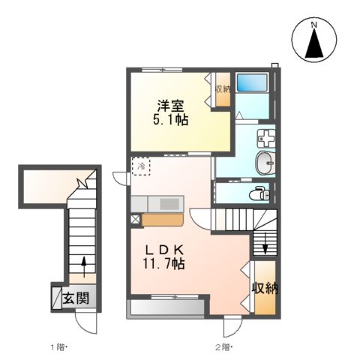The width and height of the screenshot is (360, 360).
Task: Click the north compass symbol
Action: [316, 43]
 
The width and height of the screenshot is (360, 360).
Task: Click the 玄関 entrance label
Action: [76, 298]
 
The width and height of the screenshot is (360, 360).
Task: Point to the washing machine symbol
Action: [267, 138]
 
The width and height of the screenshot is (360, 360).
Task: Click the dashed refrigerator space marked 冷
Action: [141, 167]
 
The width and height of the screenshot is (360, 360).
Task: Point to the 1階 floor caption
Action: [59, 347]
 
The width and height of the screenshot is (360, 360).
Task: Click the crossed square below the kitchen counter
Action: [136, 220]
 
